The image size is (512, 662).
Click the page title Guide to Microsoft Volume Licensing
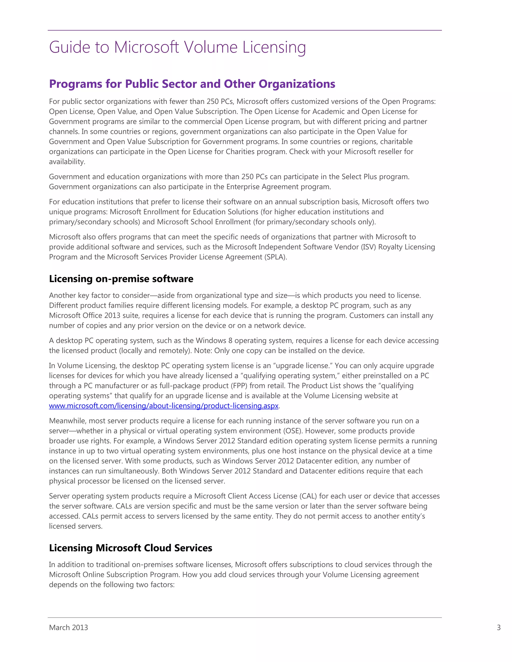[177, 47]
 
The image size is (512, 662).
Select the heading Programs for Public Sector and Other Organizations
[192, 84]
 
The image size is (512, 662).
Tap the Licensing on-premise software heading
[121, 279]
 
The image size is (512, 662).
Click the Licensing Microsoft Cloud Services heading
[130, 548]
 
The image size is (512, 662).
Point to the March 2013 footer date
[68, 628]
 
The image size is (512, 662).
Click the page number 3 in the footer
[498, 628]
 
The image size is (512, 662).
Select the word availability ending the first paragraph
[67, 162]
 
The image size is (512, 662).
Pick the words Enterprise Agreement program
[278, 187]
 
